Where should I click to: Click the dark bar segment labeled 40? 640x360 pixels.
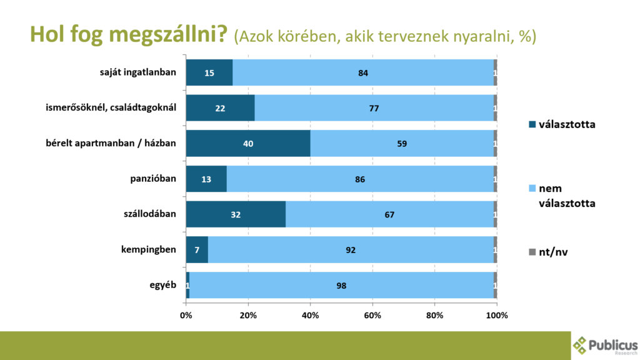(248, 144)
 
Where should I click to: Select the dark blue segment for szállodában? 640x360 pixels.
(236, 215)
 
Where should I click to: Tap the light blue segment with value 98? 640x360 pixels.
(341, 286)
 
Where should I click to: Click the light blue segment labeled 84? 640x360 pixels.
(362, 72)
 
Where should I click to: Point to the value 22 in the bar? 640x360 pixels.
(220, 108)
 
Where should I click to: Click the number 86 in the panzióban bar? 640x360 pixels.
(359, 179)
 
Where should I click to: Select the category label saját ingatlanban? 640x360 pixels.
(138, 72)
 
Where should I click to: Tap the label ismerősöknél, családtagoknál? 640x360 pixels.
(111, 108)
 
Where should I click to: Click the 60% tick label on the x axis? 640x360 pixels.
(372, 315)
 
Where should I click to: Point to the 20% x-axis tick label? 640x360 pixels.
(248, 315)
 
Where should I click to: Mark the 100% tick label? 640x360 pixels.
(497, 315)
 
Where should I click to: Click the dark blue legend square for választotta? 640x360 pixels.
(532, 124)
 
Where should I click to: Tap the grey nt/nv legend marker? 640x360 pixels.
(532, 252)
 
